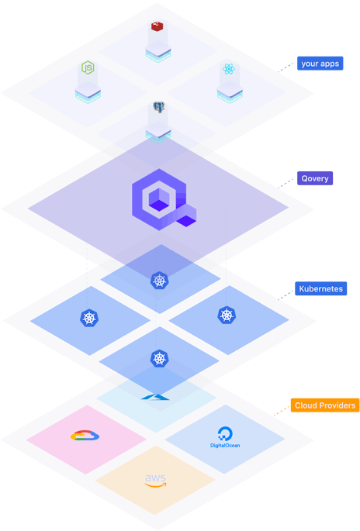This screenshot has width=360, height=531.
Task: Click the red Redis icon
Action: coord(157,26)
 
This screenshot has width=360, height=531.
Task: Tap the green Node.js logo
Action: coord(88,67)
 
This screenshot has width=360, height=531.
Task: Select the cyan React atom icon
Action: coord(229,69)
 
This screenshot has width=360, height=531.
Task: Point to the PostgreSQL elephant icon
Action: coord(158,107)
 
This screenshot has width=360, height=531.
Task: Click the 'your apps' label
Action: coord(320,64)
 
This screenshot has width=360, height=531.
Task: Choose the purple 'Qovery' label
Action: coord(315,178)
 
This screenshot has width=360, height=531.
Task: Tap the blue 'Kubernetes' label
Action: coord(320,288)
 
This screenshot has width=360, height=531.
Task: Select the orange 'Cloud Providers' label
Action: coord(325,405)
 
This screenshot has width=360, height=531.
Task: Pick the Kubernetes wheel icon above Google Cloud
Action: coord(89,318)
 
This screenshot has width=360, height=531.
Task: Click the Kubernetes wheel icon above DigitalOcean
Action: coord(227,315)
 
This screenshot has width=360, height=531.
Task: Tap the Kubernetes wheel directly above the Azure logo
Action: coord(160,358)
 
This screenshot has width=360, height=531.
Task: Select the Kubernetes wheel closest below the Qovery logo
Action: coord(160,281)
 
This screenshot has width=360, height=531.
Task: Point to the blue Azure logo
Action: coord(155,397)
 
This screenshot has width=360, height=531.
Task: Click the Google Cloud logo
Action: coord(85,435)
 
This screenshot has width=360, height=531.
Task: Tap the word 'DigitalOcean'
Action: coord(225,445)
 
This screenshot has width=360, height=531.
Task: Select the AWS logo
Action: coord(156,481)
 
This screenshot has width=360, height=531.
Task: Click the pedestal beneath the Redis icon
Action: coord(158,51)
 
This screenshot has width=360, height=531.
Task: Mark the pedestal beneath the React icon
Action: coord(230,91)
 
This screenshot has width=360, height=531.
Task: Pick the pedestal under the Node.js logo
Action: coord(88,92)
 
